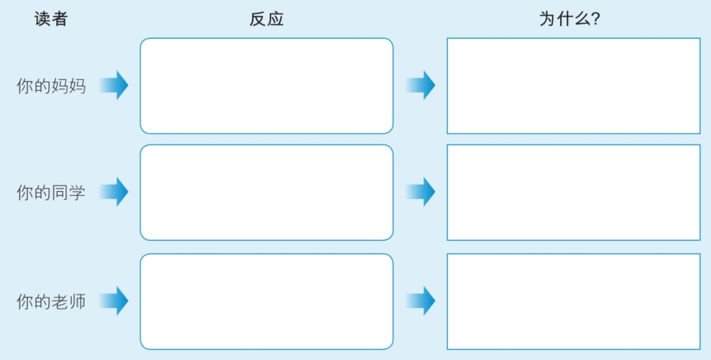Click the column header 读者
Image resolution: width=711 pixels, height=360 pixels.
[x=51, y=19]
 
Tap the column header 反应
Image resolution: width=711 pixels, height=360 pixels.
[x=267, y=19]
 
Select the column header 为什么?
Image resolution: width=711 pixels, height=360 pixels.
[x=570, y=19]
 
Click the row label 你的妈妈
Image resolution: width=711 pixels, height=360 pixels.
[x=51, y=86]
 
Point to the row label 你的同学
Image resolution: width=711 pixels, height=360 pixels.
[x=51, y=193]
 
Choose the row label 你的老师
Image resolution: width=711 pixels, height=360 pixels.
[x=51, y=302]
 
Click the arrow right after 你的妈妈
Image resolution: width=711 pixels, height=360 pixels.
[x=114, y=84]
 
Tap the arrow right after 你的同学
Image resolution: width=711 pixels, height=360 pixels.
[x=114, y=192]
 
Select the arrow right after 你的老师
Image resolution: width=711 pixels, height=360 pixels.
[x=114, y=301]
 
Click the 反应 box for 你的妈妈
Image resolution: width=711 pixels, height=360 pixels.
[x=267, y=86]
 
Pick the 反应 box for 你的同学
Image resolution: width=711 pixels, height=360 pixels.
[x=267, y=193]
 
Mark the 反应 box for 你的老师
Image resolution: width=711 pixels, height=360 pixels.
[x=267, y=302]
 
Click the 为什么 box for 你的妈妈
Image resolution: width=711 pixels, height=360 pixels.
[x=574, y=86]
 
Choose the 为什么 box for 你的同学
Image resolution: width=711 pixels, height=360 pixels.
[x=574, y=193]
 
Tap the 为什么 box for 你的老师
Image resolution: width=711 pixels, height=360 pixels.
[x=574, y=302]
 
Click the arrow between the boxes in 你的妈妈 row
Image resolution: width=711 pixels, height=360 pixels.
[x=420, y=84]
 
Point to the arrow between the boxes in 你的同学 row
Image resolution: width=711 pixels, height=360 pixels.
[x=420, y=192]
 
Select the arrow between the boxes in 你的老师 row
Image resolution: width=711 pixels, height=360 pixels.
[x=420, y=301]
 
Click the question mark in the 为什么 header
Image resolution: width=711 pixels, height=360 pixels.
[x=596, y=19]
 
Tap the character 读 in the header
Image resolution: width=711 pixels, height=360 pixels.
[x=42, y=19]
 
